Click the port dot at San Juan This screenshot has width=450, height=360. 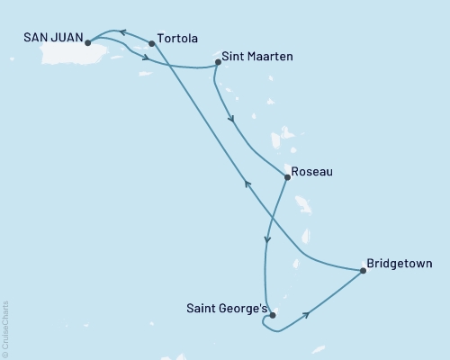(87, 42)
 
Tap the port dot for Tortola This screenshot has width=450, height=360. (151, 43)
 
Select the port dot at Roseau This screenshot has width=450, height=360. (287, 177)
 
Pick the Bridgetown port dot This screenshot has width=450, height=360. (363, 269)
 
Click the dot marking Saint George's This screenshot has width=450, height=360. (272, 315)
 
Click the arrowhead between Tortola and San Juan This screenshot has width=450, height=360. (124, 32)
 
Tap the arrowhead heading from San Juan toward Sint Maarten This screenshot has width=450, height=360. (145, 59)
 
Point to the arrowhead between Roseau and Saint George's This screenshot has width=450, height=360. (267, 239)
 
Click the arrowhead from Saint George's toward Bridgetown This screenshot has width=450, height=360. (309, 314)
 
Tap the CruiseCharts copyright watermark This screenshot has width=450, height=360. (4, 328)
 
